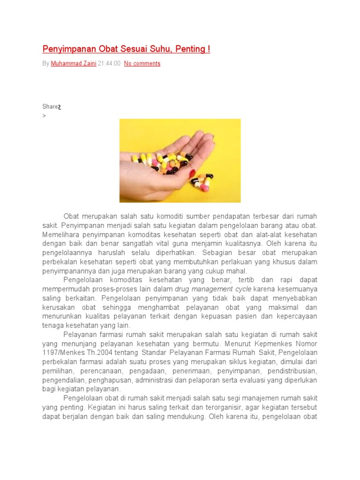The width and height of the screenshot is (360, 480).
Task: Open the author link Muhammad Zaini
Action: tap(73, 63)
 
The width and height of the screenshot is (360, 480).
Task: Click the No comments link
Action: tap(142, 63)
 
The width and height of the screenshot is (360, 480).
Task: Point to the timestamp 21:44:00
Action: tap(109, 63)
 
